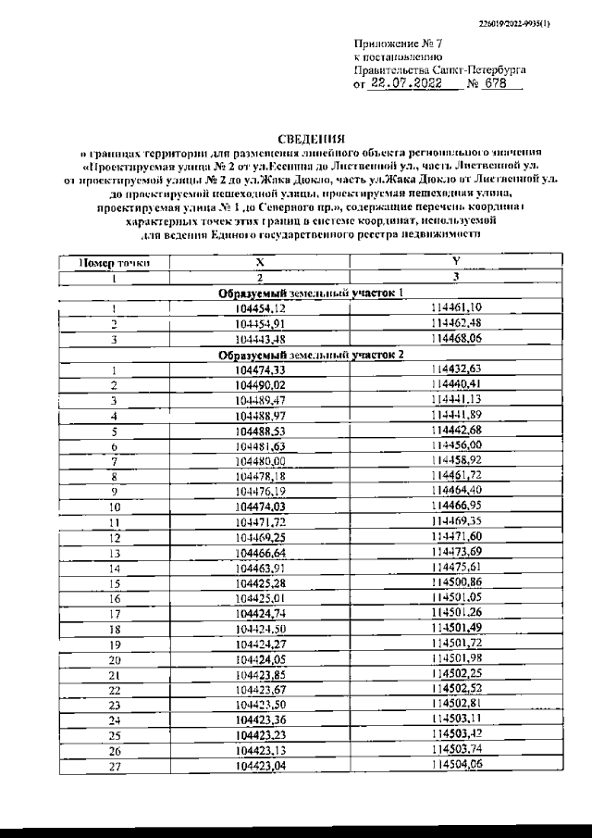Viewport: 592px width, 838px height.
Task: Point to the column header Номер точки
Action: click(x=113, y=263)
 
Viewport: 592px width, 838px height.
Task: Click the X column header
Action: click(x=259, y=263)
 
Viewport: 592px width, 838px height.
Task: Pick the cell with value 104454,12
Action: click(x=260, y=308)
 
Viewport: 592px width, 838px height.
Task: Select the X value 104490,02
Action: click(x=260, y=384)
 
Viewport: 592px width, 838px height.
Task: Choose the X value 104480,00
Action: click(x=260, y=460)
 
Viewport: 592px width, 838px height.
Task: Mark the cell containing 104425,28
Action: click(x=260, y=582)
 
